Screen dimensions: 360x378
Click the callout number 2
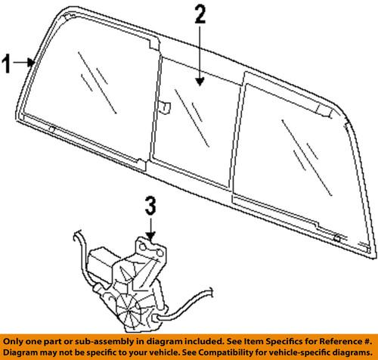(199, 14)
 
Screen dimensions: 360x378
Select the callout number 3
(151, 205)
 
